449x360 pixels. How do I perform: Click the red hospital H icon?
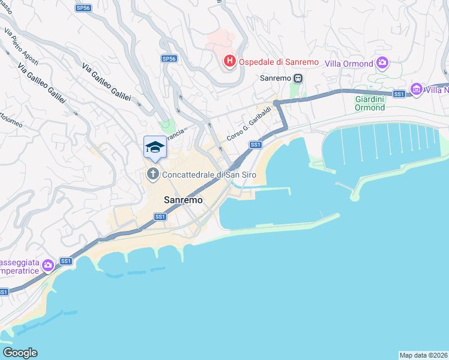pyautogui.click(x=229, y=61)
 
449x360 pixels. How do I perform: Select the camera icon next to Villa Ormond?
pyautogui.click(x=382, y=63)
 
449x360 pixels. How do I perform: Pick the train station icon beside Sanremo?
pyautogui.click(x=297, y=78)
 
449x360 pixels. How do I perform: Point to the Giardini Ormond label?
pyautogui.click(x=370, y=103)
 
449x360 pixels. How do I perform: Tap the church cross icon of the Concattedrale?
pyautogui.click(x=152, y=175)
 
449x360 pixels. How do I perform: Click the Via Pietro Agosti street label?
pyautogui.click(x=21, y=41)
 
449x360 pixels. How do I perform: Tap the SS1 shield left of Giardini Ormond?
pyautogui.click(x=399, y=94)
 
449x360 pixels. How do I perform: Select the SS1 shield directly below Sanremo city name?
pyautogui.click(x=160, y=217)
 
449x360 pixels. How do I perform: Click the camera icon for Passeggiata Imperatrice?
pyautogui.click(x=49, y=263)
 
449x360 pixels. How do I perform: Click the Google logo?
pyautogui.click(x=20, y=353)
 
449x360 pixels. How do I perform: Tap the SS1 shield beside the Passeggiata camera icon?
pyautogui.click(x=66, y=261)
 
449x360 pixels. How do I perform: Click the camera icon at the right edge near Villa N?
pyautogui.click(x=416, y=90)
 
